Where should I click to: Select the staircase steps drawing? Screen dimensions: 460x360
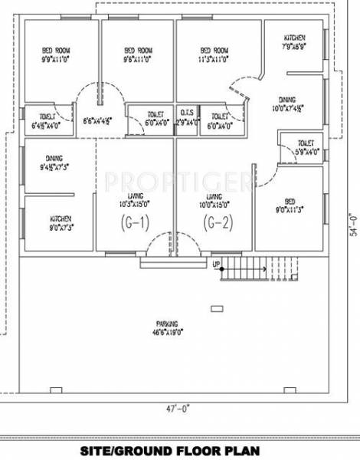pyautogui.click(x=246, y=268)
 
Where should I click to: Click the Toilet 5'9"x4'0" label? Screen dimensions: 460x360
pyautogui.click(x=306, y=147)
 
